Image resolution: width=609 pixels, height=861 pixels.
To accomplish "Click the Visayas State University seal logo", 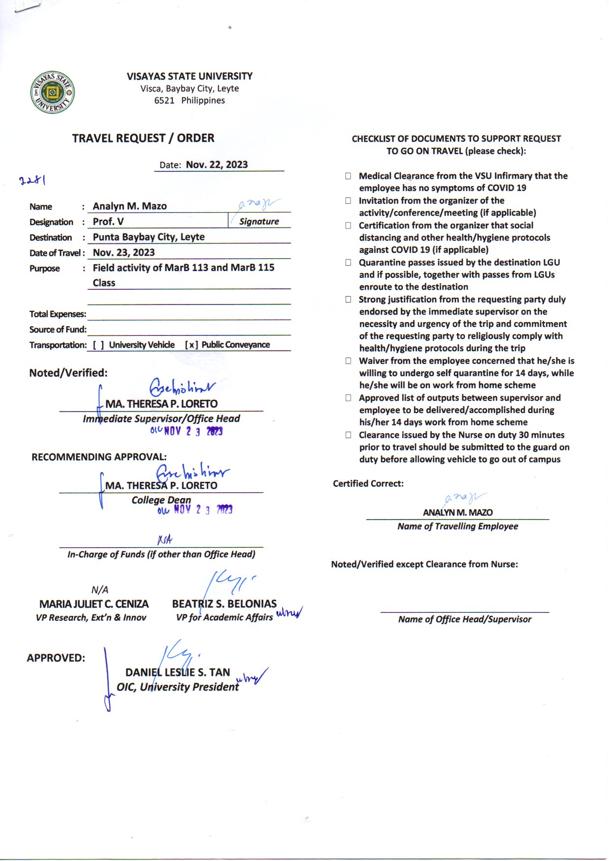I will pos(53,92).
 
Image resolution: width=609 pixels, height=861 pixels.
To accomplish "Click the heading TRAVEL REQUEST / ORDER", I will pos(143,138).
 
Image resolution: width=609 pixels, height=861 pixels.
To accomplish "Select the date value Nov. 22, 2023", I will pos(217,165).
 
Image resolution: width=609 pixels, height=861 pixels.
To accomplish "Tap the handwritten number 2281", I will pos(32,180).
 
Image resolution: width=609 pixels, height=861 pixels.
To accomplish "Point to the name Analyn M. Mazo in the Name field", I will pos(130,206).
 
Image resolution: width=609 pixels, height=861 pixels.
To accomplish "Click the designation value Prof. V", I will pos(108,222).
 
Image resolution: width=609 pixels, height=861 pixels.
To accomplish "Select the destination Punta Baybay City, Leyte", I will pos(148,237).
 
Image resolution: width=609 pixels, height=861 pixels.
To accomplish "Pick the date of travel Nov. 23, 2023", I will pos(124,252).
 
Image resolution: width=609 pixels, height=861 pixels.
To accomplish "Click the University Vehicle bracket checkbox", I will pos(98,345).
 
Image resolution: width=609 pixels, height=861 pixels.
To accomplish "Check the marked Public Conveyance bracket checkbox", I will pos(191,345).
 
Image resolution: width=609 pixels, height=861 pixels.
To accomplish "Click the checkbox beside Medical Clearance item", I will pos(348,176).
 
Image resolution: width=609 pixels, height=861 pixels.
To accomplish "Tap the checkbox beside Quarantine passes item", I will pos(348,262).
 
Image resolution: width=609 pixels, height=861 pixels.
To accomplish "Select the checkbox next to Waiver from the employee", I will pos(348,361).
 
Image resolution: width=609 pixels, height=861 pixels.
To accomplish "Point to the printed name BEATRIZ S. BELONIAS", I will pos(224,604).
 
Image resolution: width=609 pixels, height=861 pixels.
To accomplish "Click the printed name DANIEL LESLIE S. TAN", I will pos(177,672).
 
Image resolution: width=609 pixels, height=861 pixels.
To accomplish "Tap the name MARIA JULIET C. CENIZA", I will pos(94,604).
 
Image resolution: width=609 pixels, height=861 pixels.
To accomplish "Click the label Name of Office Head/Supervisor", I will pos(465,619).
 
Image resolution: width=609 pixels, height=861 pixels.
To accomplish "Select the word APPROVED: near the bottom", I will pos(56,658).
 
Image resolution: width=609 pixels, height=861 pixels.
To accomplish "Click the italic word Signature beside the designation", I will pos(259,222).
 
